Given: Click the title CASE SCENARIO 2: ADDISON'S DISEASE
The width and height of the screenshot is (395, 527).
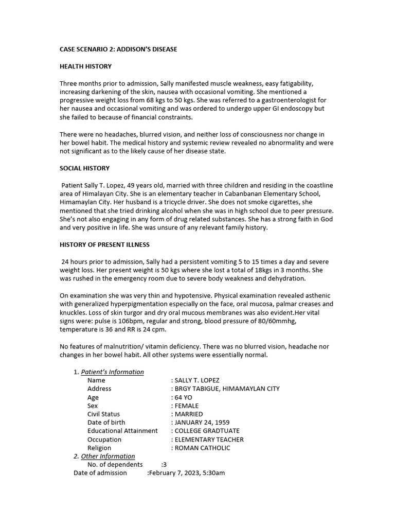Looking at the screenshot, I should (x=118, y=49).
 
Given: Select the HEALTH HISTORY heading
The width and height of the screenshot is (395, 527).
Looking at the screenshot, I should (x=85, y=66).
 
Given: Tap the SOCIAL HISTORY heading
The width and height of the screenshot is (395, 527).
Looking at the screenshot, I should (x=84, y=168).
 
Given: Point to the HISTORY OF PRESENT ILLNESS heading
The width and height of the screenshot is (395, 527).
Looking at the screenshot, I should (x=104, y=244).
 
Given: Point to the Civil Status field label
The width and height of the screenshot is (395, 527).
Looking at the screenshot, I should (x=103, y=414).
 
